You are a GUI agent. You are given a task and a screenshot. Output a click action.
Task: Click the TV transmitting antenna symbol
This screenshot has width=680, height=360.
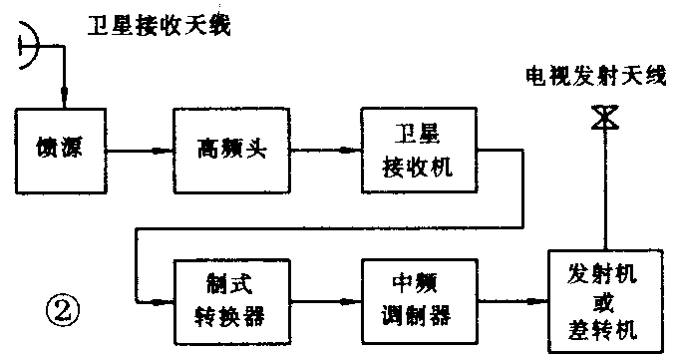pyautogui.click(x=602, y=118)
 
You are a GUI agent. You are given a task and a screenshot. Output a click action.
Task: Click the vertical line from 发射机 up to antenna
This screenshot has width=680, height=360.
pyautogui.click(x=602, y=189)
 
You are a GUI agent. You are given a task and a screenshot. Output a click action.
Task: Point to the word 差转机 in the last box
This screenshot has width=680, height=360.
pyautogui.click(x=602, y=328)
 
